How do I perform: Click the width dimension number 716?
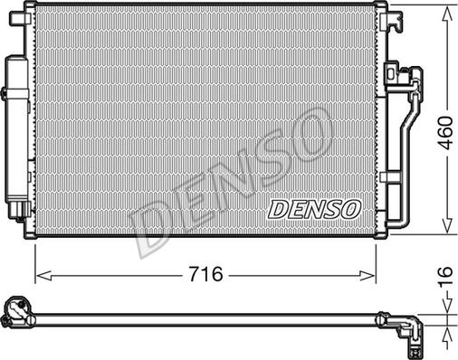205,272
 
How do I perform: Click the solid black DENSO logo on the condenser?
314,209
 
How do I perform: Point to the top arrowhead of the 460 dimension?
446,10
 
